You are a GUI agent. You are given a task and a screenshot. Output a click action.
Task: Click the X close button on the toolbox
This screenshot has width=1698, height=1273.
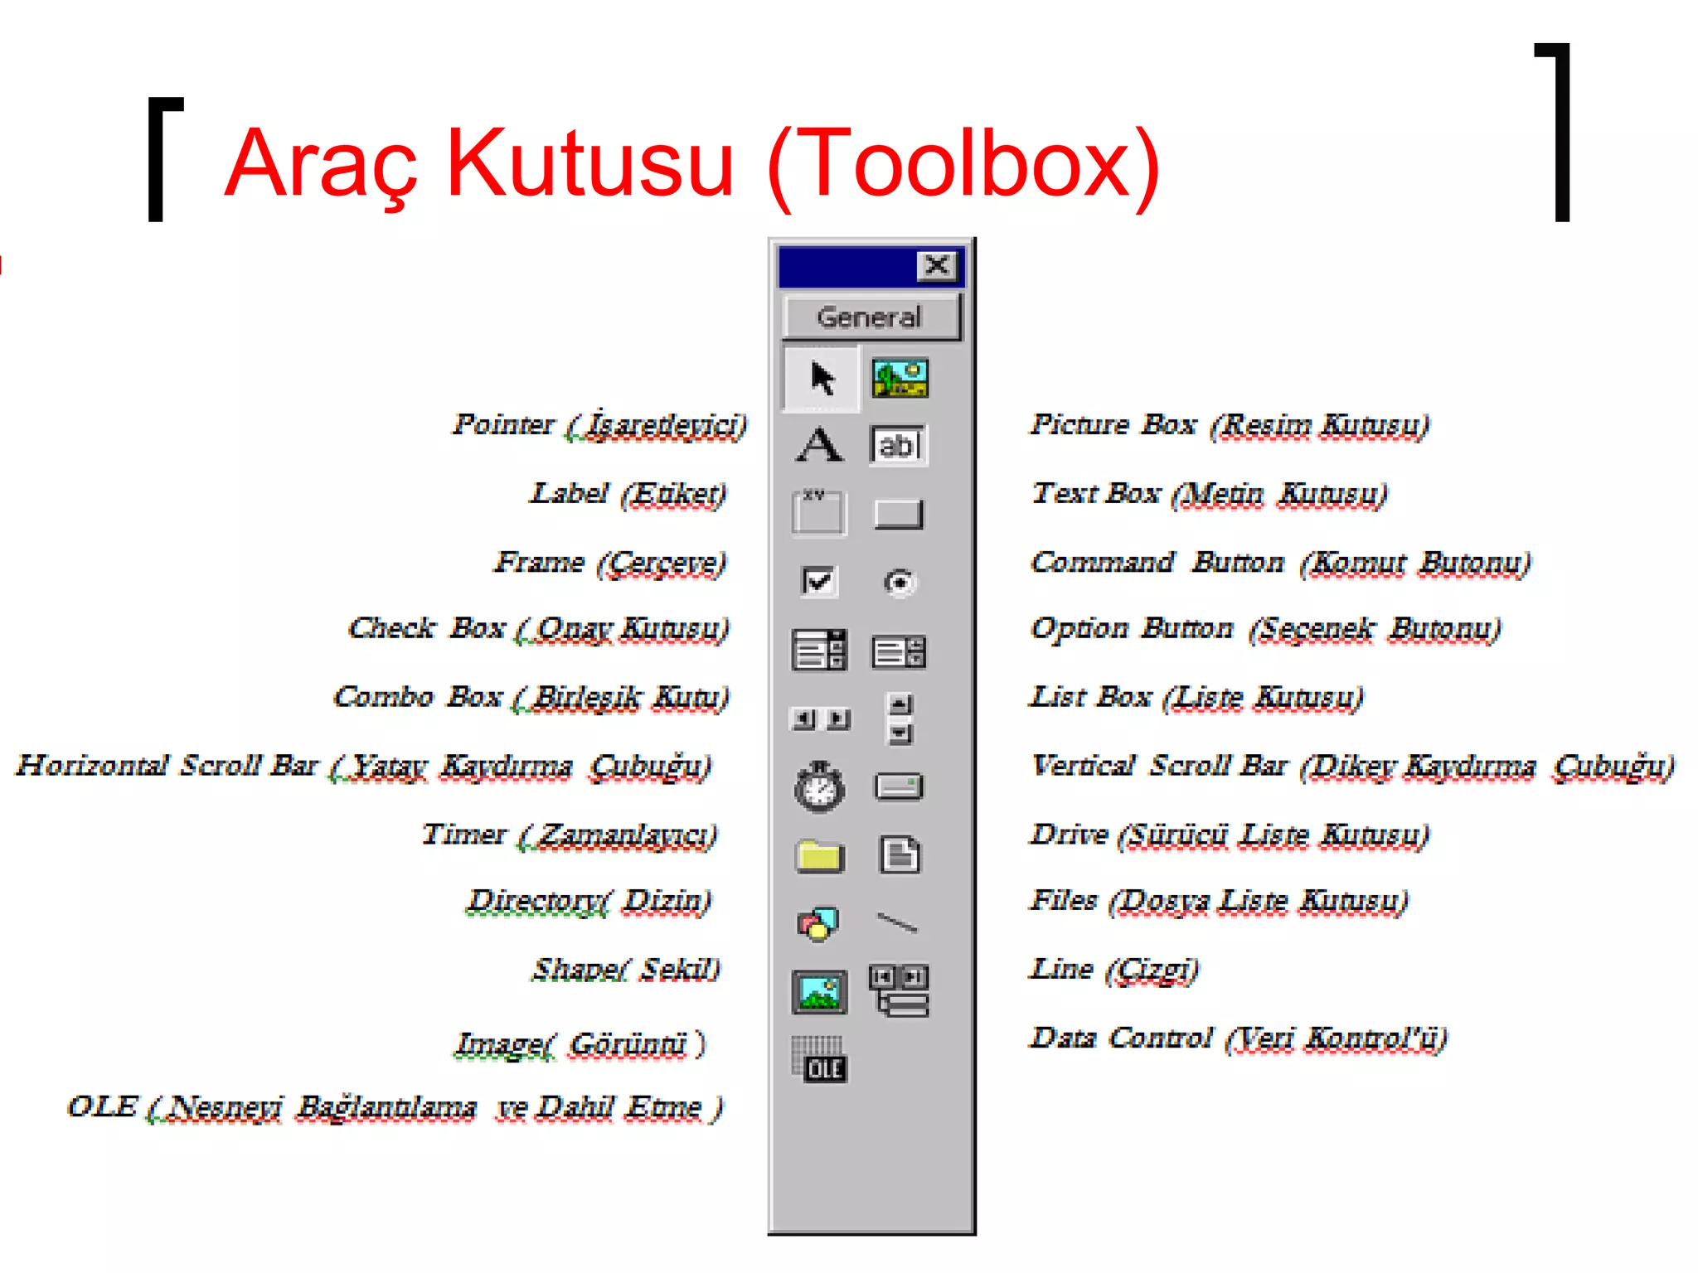click(x=937, y=266)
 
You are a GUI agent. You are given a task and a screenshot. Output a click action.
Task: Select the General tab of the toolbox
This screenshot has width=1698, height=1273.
click(x=870, y=317)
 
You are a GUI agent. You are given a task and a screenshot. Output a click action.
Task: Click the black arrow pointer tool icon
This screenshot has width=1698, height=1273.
click(x=822, y=379)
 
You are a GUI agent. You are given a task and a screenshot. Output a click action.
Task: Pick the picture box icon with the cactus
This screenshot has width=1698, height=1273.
click(x=900, y=379)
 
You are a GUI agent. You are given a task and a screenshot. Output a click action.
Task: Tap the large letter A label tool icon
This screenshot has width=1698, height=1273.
click(x=820, y=445)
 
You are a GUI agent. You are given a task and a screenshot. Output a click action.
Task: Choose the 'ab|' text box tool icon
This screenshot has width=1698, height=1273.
click(x=898, y=445)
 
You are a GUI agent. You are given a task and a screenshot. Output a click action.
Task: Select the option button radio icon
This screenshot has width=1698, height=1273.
click(x=900, y=583)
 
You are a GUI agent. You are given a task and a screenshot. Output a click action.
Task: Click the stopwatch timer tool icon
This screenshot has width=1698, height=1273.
click(x=820, y=786)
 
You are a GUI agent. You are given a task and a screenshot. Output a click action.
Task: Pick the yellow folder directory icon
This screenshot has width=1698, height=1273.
click(x=820, y=855)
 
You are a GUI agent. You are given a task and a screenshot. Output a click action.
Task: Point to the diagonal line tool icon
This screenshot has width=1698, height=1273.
click(x=898, y=922)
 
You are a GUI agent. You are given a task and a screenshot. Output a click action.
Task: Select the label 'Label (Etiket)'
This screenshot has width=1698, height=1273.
click(x=628, y=494)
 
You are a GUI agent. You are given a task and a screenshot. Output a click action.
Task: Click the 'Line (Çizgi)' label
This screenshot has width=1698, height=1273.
click(x=1113, y=970)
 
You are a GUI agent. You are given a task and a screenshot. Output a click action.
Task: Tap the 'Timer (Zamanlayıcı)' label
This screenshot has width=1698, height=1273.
click(x=570, y=835)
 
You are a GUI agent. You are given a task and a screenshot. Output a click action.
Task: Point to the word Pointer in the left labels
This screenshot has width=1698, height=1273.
click(x=503, y=424)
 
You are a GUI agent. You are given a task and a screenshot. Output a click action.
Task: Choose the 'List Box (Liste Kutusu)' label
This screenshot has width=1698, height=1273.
click(x=1196, y=698)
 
